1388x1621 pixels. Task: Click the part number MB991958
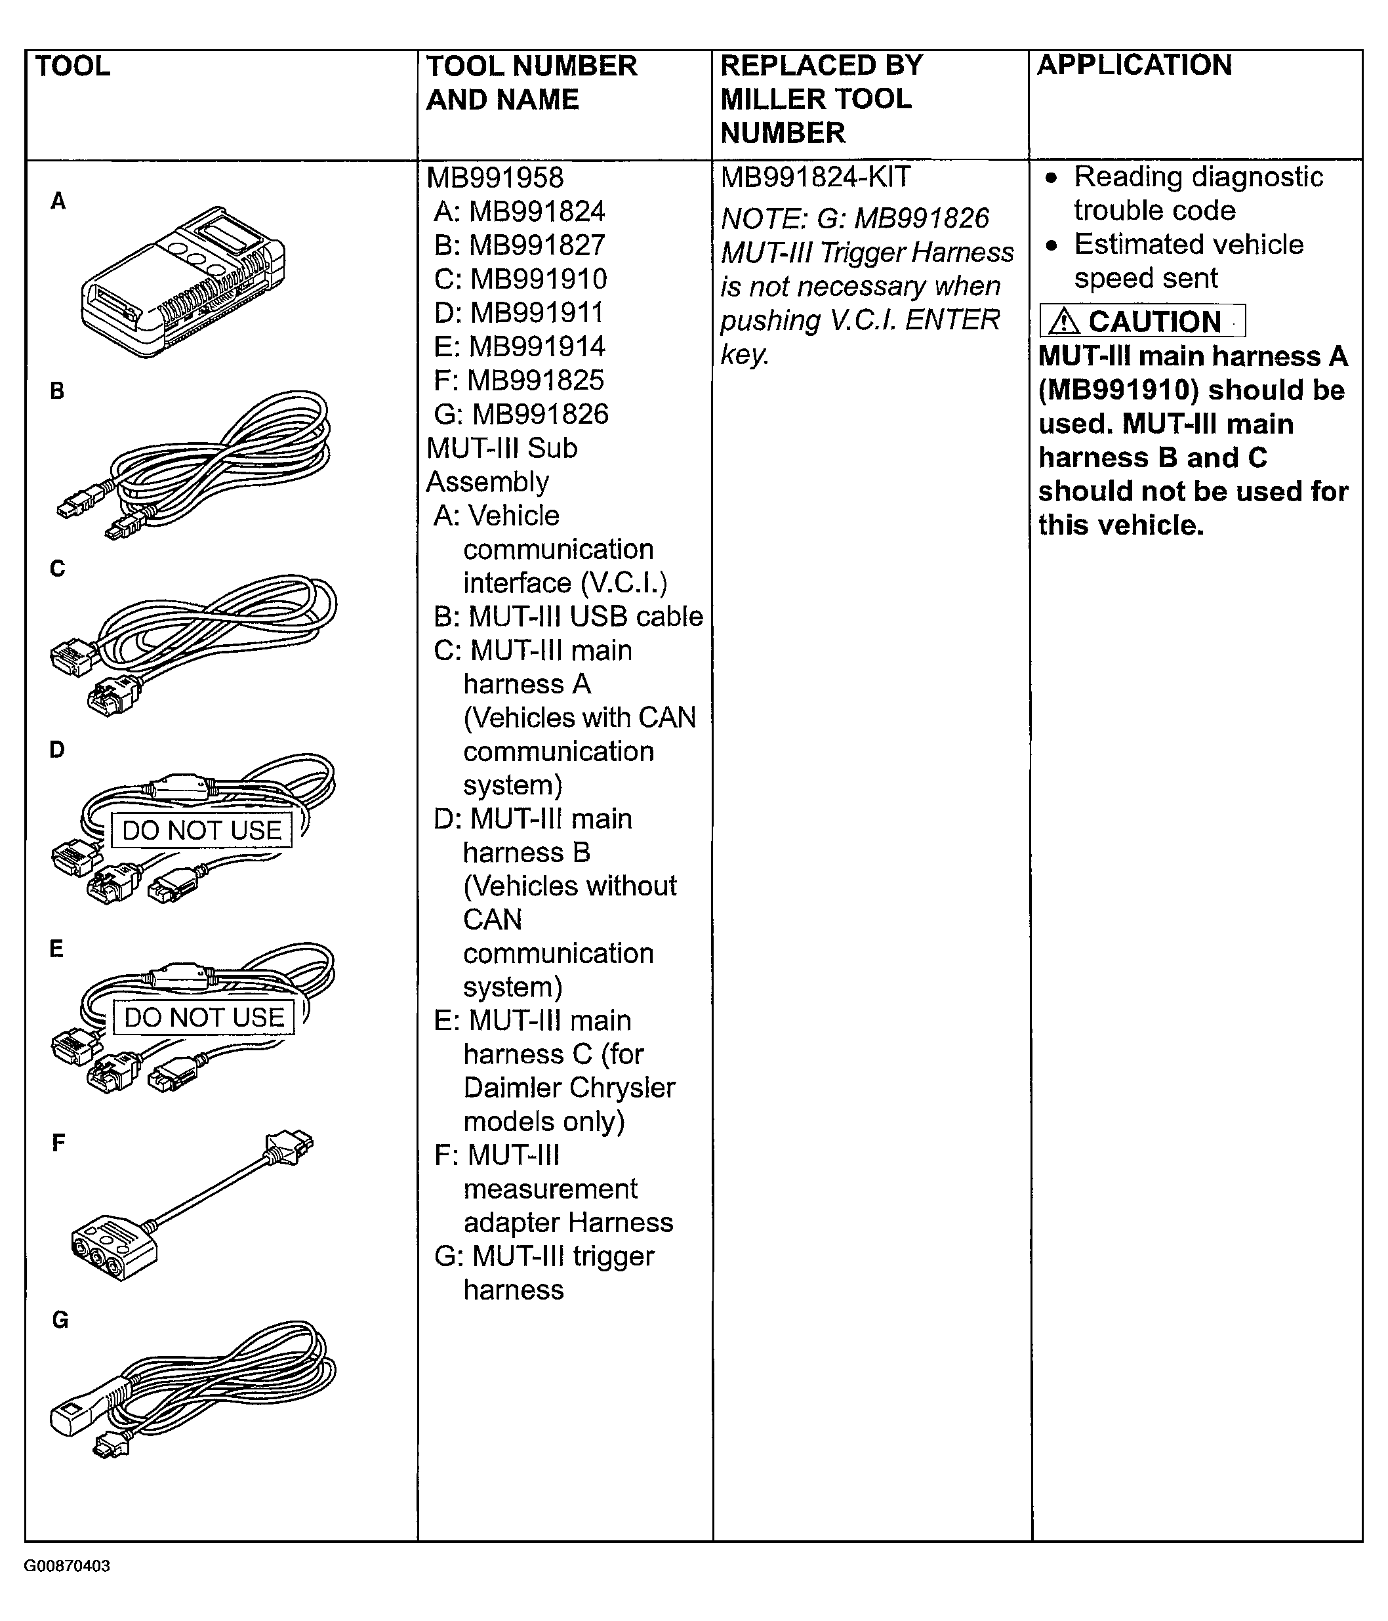point(495,178)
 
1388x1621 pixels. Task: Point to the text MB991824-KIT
point(815,178)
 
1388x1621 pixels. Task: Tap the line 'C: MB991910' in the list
point(520,279)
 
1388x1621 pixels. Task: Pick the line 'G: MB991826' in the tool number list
point(521,415)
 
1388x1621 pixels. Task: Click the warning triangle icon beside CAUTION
point(1064,321)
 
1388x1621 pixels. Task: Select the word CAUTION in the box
point(1154,321)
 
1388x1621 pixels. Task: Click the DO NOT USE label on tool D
point(202,830)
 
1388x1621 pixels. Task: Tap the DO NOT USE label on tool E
point(203,1017)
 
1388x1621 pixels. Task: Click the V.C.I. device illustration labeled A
point(184,281)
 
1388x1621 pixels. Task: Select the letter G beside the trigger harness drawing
point(60,1320)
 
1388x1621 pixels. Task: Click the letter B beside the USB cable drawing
point(57,391)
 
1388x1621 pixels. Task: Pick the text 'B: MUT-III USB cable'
point(568,617)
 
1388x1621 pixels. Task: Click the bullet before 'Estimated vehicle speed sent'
point(1052,245)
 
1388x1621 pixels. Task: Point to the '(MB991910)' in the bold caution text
point(1118,390)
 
